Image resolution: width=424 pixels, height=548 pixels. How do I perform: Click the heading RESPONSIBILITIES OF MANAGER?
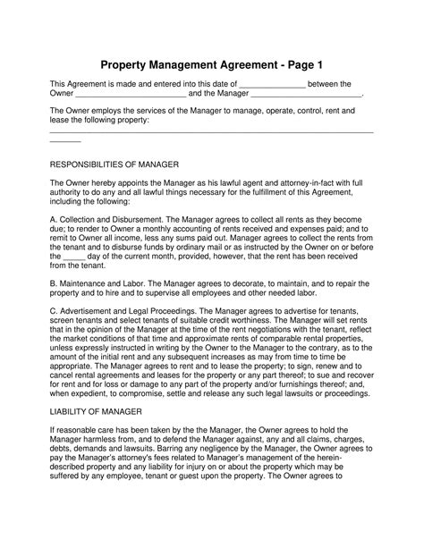(x=115, y=166)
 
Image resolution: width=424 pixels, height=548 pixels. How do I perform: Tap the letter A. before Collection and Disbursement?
(x=54, y=218)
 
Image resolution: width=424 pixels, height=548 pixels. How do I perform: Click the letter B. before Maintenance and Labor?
(x=54, y=281)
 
